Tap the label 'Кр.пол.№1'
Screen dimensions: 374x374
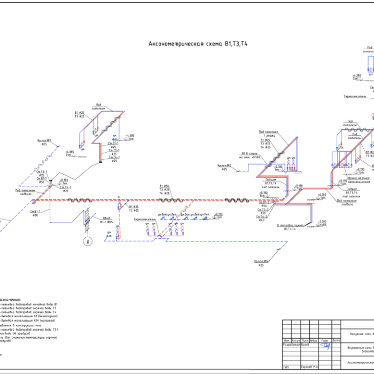coord(44,142)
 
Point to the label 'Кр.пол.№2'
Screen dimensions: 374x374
coord(224,167)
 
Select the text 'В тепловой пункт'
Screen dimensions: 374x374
coord(286,225)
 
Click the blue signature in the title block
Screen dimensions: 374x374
coord(324,345)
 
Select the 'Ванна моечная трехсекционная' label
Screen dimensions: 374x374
coord(359,180)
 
